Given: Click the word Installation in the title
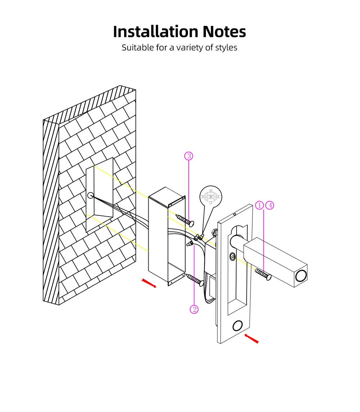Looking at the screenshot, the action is pyautogui.click(x=156, y=32).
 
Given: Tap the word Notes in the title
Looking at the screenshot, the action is pyautogui.click(x=224, y=32).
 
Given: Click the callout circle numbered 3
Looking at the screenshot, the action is pyautogui.click(x=189, y=156).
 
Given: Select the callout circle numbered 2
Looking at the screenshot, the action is pyautogui.click(x=194, y=309).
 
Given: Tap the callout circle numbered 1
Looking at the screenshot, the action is pyautogui.click(x=259, y=205).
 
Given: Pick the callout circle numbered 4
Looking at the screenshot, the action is pyautogui.click(x=270, y=205).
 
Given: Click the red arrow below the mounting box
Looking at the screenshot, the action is pyautogui.click(x=149, y=283).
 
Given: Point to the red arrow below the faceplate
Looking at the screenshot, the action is pyautogui.click(x=252, y=339).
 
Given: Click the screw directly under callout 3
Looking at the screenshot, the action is pyautogui.click(x=185, y=220).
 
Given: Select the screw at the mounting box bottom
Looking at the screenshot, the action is pyautogui.click(x=195, y=280).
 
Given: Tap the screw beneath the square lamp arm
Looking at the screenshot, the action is pyautogui.click(x=263, y=274).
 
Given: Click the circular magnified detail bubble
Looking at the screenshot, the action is pyautogui.click(x=211, y=196).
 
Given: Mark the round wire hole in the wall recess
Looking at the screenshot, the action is pyautogui.click(x=90, y=195).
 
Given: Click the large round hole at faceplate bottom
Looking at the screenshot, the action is pyautogui.click(x=238, y=326).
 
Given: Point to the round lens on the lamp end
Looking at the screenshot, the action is pyautogui.click(x=301, y=276).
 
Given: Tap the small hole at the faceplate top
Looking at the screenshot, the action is pyautogui.click(x=235, y=214).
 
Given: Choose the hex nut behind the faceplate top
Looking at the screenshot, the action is pyautogui.click(x=215, y=232).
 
